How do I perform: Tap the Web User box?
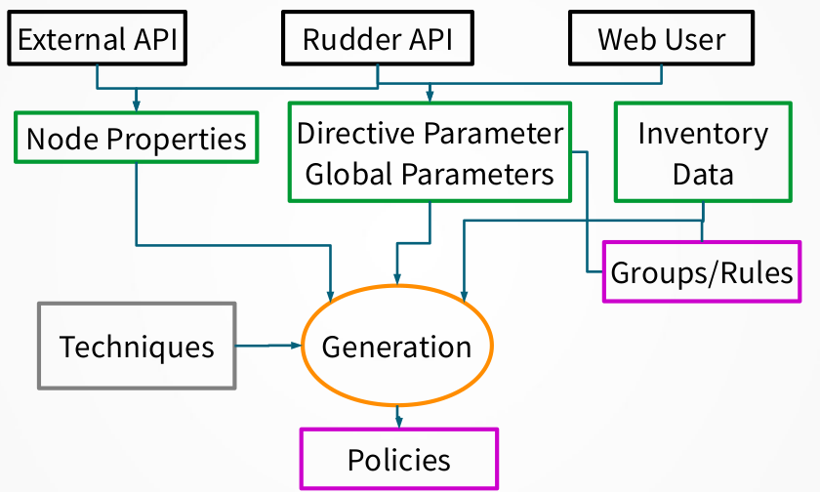click(661, 40)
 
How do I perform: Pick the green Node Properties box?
click(137, 138)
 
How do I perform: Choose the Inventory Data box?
click(703, 153)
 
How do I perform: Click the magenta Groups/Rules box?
click(702, 272)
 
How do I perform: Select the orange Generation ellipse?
click(396, 347)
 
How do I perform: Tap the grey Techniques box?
click(137, 347)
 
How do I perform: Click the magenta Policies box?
click(398, 459)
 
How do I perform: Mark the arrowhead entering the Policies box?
click(398, 422)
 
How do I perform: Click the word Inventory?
click(703, 134)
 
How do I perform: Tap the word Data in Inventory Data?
click(703, 174)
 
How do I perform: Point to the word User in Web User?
click(695, 40)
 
